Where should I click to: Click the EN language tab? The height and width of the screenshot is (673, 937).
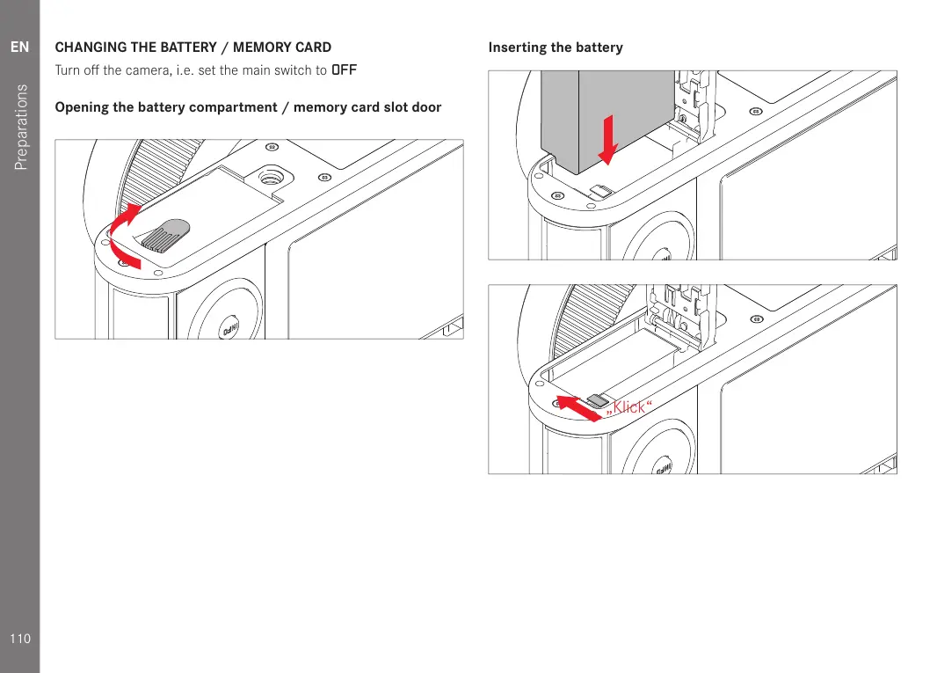(19, 47)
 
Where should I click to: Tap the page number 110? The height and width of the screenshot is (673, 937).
(19, 638)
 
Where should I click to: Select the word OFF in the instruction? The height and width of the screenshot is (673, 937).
(344, 70)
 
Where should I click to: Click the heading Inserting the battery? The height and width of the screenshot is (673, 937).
(556, 48)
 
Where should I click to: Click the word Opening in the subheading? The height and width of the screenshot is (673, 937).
(81, 107)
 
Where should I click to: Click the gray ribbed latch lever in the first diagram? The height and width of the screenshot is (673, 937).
(167, 235)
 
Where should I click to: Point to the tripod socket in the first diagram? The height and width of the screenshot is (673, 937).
(271, 178)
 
